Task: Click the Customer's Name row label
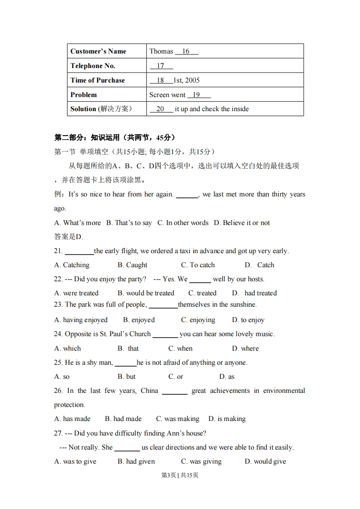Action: pos(98,51)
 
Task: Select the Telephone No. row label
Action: pos(93,66)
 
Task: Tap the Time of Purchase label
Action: pos(97,80)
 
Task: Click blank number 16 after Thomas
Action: pos(186,51)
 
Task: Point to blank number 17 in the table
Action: pos(161,66)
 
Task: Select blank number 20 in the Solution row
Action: pos(161,109)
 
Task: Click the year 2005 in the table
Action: pos(192,80)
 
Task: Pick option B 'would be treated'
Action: pos(146,293)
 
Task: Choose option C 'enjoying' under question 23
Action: pos(198,320)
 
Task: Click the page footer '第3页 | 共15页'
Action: pos(180,475)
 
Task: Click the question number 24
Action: pos(58,334)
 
